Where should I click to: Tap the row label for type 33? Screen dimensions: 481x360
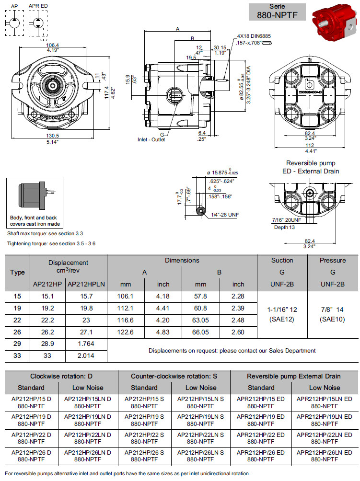click(17, 355)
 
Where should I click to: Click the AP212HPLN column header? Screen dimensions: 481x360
click(86, 284)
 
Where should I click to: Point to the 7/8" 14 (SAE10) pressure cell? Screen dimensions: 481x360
click(332, 314)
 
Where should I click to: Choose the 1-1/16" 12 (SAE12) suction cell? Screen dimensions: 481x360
click(282, 314)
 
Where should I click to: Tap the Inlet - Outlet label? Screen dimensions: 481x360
click(151, 139)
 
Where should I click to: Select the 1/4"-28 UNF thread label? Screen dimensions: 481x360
click(225, 215)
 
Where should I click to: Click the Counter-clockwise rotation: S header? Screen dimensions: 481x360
click(173, 376)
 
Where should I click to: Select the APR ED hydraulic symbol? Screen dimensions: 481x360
click(38, 22)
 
